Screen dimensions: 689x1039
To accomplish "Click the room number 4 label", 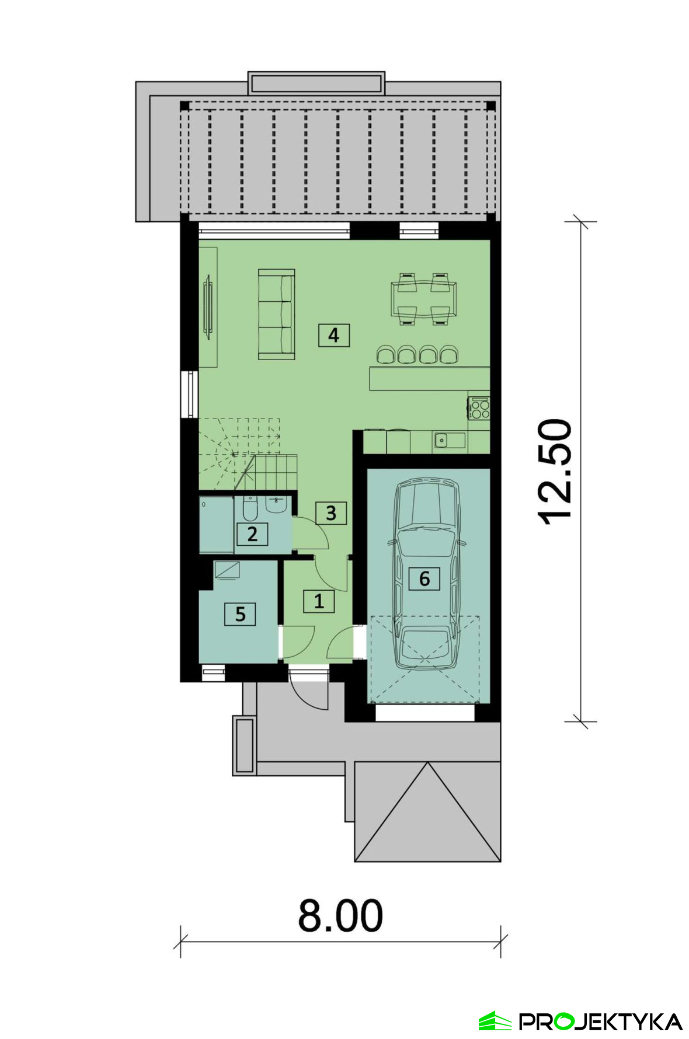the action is click(333, 335).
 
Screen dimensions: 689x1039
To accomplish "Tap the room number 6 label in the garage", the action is click(424, 578).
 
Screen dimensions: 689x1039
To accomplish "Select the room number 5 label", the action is click(240, 613).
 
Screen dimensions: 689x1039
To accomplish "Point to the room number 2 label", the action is click(252, 534).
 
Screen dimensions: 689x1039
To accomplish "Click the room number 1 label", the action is click(319, 601).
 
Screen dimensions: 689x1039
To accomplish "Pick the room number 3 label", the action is click(331, 512).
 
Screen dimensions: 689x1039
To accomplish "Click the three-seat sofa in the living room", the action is click(276, 314).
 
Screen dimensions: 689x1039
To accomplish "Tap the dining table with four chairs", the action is click(424, 298).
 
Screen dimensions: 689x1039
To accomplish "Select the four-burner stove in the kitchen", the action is click(479, 407).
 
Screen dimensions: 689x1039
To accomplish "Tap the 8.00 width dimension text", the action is click(340, 916).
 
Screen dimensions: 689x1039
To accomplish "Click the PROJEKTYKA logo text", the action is click(601, 1021).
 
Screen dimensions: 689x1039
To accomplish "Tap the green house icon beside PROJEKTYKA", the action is click(495, 1021).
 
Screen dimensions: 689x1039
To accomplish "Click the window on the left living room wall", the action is click(189, 395).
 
